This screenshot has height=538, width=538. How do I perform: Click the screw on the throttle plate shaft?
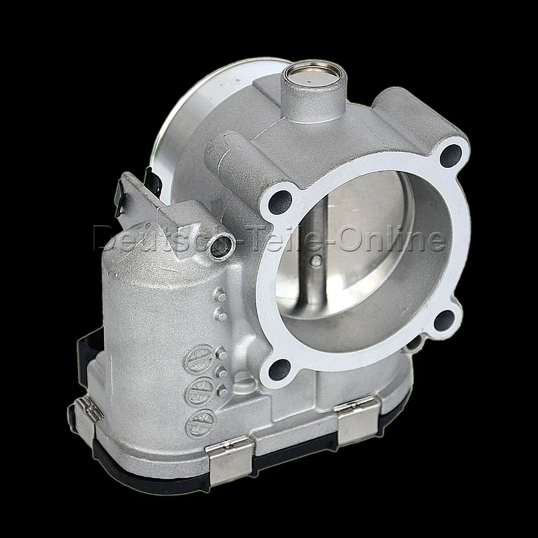coord(316,262)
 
